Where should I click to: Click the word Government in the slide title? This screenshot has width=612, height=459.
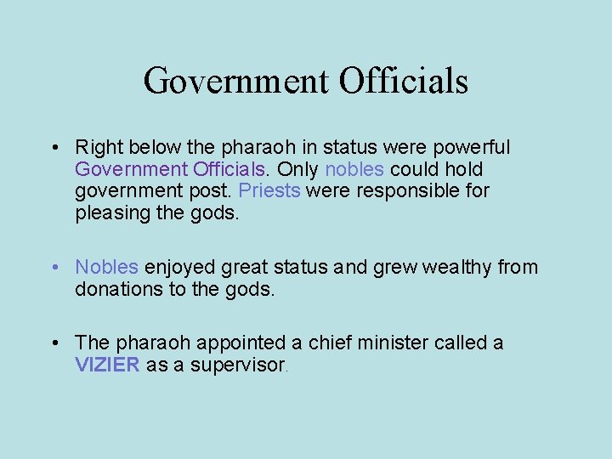(x=235, y=82)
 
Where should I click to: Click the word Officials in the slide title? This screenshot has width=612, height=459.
(x=404, y=82)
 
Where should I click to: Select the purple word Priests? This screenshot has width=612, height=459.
(x=269, y=190)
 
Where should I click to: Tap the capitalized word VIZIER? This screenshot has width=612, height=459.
(x=107, y=365)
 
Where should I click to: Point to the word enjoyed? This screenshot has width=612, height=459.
(x=180, y=267)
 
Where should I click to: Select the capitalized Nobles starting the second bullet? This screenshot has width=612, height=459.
(x=106, y=267)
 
